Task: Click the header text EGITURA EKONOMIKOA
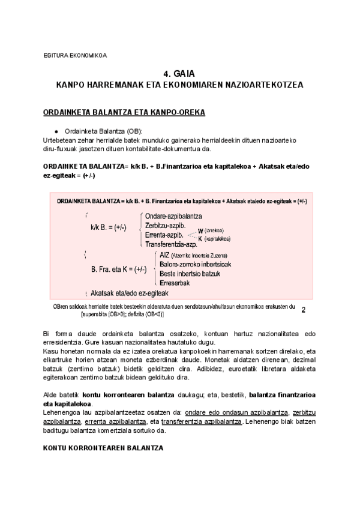(76, 55)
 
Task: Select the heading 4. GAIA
(179, 73)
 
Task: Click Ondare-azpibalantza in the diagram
(173, 215)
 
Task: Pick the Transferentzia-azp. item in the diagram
(171, 244)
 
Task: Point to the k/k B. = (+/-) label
(108, 227)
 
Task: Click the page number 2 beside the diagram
(303, 310)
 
